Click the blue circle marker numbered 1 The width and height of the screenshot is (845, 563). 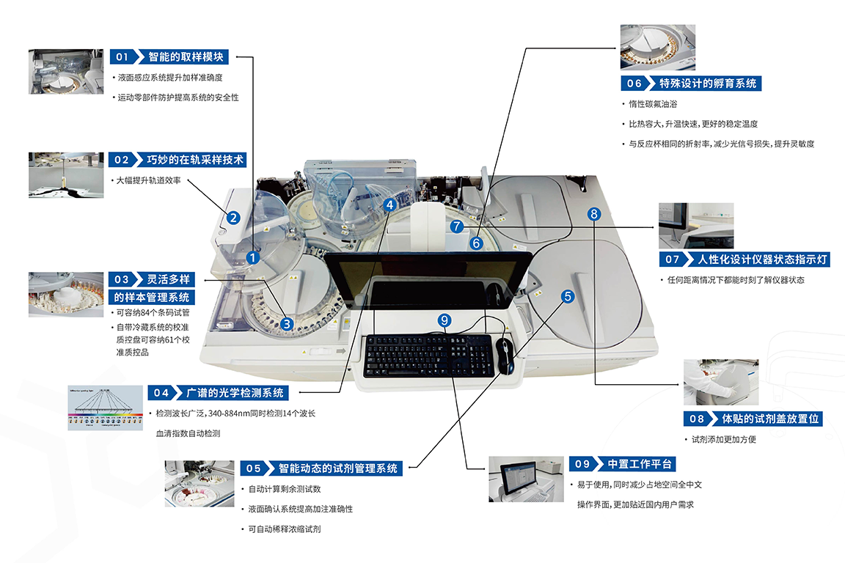click(x=252, y=257)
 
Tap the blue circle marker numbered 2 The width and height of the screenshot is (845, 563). click(x=233, y=217)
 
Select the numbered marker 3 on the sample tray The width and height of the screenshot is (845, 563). click(x=288, y=323)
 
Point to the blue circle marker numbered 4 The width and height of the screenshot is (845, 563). click(x=390, y=206)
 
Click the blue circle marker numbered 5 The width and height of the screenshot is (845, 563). click(x=568, y=296)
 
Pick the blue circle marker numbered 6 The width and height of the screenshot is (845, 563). click(x=476, y=243)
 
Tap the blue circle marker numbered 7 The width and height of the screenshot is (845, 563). click(x=457, y=227)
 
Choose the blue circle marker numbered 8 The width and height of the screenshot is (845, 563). click(x=594, y=213)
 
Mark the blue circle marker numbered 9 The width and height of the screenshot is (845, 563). click(x=443, y=320)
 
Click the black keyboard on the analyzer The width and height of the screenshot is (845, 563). click(x=426, y=356)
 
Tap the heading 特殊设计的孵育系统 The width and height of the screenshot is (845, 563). click(x=708, y=83)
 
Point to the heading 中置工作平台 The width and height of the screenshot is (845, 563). click(x=640, y=463)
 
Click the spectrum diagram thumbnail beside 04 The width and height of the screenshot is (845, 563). click(x=105, y=407)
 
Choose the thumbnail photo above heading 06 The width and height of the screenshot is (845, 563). click(x=658, y=48)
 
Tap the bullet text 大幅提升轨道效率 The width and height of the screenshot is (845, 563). click(x=149, y=180)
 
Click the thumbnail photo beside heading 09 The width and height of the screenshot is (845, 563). click(x=527, y=479)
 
